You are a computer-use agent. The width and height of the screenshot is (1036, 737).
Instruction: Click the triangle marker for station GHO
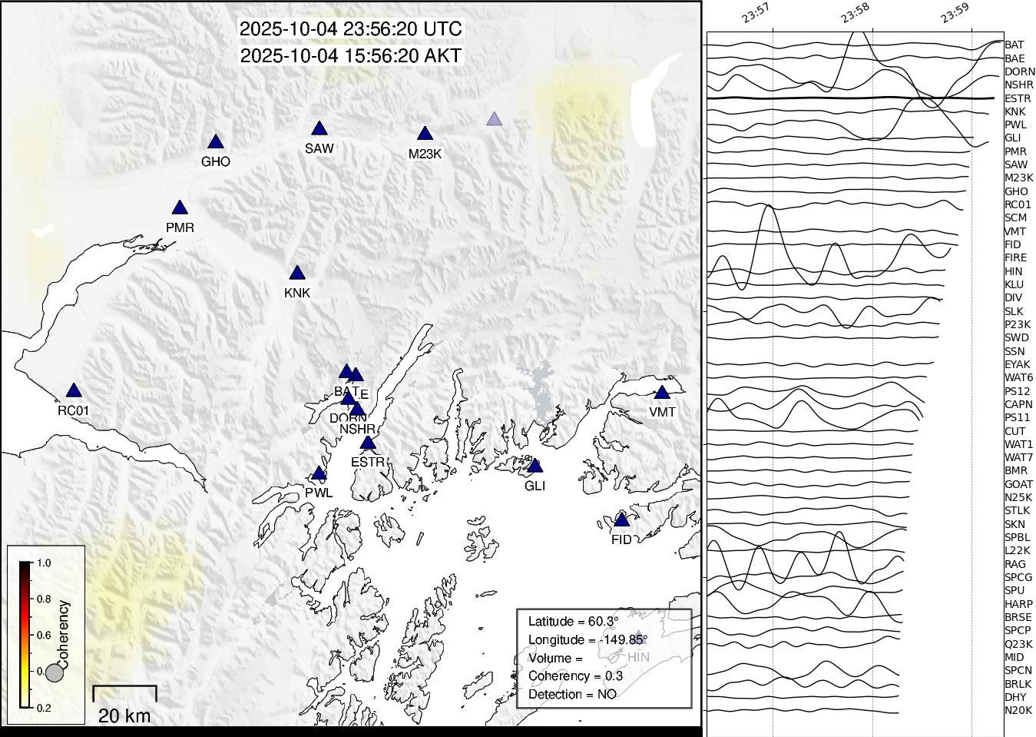(216, 142)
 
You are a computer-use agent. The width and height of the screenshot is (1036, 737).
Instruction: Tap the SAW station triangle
(319, 129)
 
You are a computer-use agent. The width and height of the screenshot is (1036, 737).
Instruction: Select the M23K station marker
(425, 134)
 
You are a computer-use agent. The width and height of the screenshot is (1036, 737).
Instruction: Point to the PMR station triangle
(180, 208)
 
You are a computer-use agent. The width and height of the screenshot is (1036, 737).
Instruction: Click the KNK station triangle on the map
(297, 274)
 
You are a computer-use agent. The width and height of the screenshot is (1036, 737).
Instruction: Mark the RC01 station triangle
(73, 391)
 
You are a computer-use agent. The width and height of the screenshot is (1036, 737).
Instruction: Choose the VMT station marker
(662, 393)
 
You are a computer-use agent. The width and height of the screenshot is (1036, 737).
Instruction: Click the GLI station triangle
(535, 466)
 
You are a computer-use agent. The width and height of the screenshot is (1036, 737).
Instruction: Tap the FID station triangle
(622, 520)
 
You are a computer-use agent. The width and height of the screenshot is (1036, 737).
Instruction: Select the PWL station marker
(319, 473)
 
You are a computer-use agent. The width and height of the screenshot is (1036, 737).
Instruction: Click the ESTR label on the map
(367, 462)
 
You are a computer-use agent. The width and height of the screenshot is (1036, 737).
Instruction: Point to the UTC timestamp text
(351, 29)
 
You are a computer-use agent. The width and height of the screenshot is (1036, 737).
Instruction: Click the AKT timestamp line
(351, 56)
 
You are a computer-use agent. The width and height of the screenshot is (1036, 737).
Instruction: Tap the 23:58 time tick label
(855, 13)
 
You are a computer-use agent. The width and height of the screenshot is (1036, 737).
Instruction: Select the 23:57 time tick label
(756, 13)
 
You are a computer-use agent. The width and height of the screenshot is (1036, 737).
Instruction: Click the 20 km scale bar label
(124, 716)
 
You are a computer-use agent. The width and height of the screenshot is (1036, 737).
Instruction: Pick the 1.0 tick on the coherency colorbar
(44, 563)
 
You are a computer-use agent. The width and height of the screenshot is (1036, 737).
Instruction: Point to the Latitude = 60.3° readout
(573, 621)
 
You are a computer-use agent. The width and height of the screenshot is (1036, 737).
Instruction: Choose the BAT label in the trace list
(1014, 45)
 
